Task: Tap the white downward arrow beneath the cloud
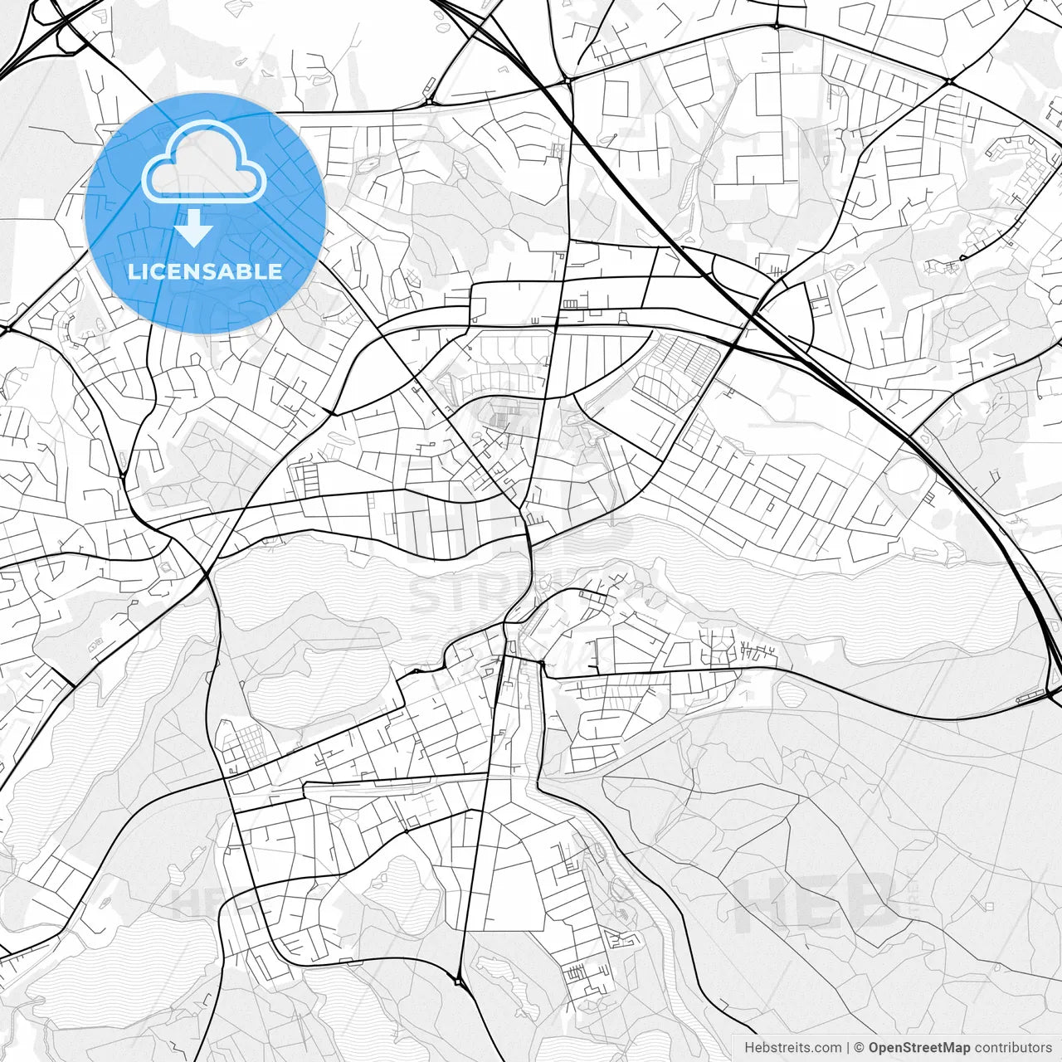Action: tap(194, 227)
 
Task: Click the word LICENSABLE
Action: tap(204, 271)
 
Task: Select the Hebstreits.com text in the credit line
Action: tap(792, 1048)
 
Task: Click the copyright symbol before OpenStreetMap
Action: tap(859, 1048)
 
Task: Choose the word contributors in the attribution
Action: tap(1012, 1048)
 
